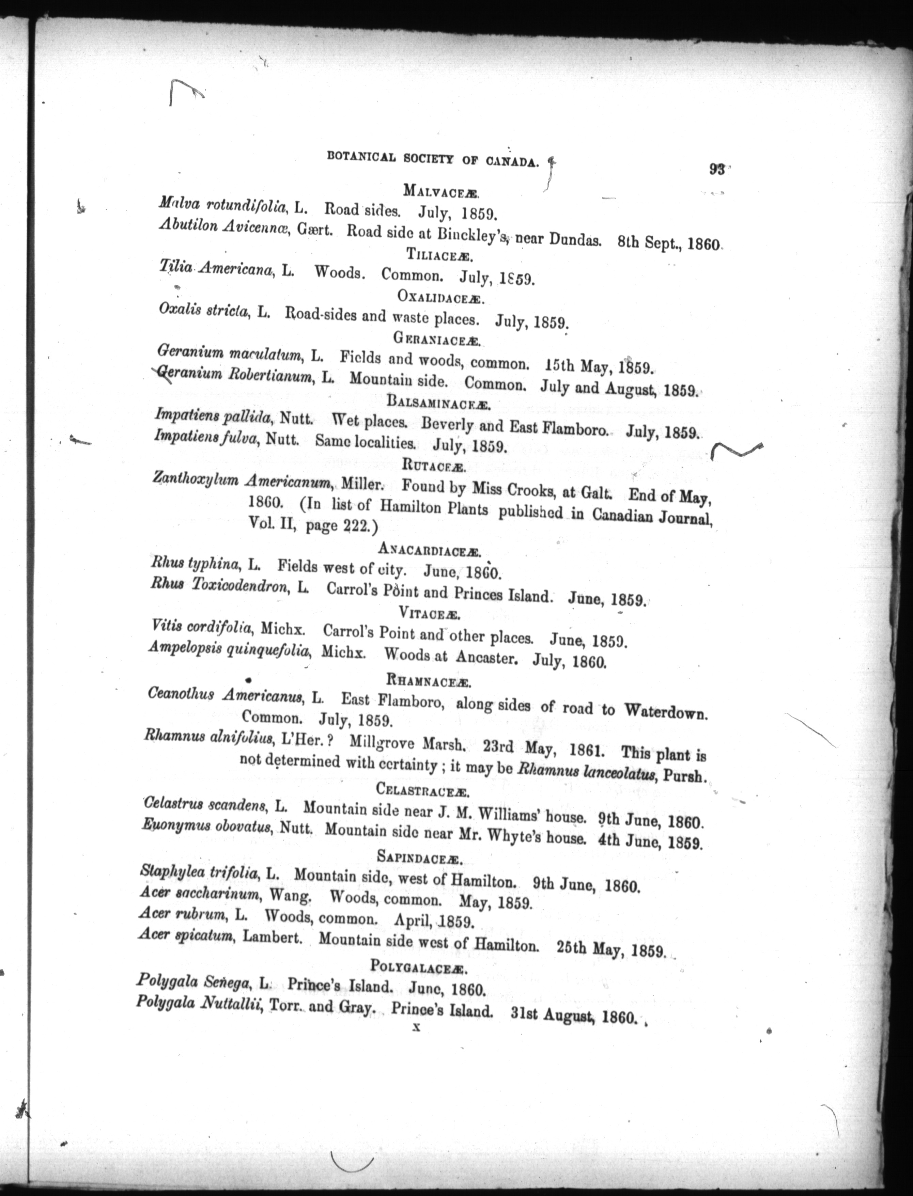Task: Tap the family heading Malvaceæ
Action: (440, 191)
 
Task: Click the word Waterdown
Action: (666, 711)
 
